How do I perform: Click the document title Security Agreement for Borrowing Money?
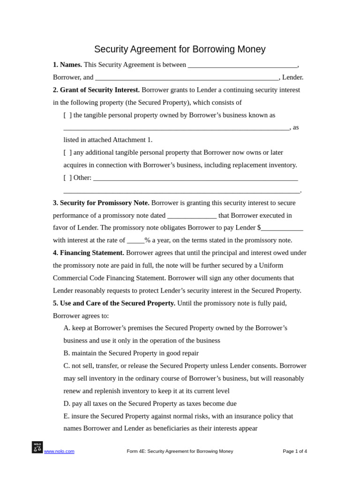[x=180, y=49]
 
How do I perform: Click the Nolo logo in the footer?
[x=37, y=447]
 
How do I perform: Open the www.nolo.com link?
[x=59, y=451]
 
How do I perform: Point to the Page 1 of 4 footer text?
[x=295, y=451]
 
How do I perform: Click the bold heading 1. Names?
[x=67, y=65]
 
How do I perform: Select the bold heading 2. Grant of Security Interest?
[x=96, y=90]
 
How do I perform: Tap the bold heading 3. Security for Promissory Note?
[x=101, y=203]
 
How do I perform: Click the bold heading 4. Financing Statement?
[x=89, y=253]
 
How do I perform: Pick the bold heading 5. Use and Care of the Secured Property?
[x=114, y=303]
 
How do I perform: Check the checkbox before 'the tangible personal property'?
[x=68, y=115]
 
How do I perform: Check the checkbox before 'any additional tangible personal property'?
[x=68, y=153]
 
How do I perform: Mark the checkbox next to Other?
[x=68, y=178]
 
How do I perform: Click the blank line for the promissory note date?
[x=192, y=216]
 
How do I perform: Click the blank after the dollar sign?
[x=282, y=228]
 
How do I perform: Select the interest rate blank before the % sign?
[x=135, y=241]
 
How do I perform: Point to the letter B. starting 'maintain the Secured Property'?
[x=67, y=353]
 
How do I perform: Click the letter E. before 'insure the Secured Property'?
[x=67, y=416]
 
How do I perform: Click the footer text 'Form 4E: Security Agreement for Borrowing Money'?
[x=180, y=451]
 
